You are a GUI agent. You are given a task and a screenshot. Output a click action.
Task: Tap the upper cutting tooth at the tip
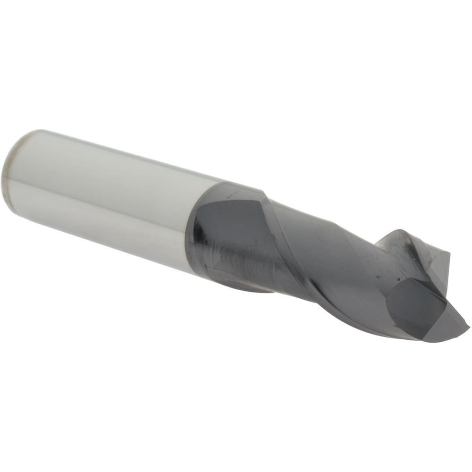click(x=401, y=241)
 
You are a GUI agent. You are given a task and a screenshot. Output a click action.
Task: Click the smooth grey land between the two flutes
click(x=330, y=264)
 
